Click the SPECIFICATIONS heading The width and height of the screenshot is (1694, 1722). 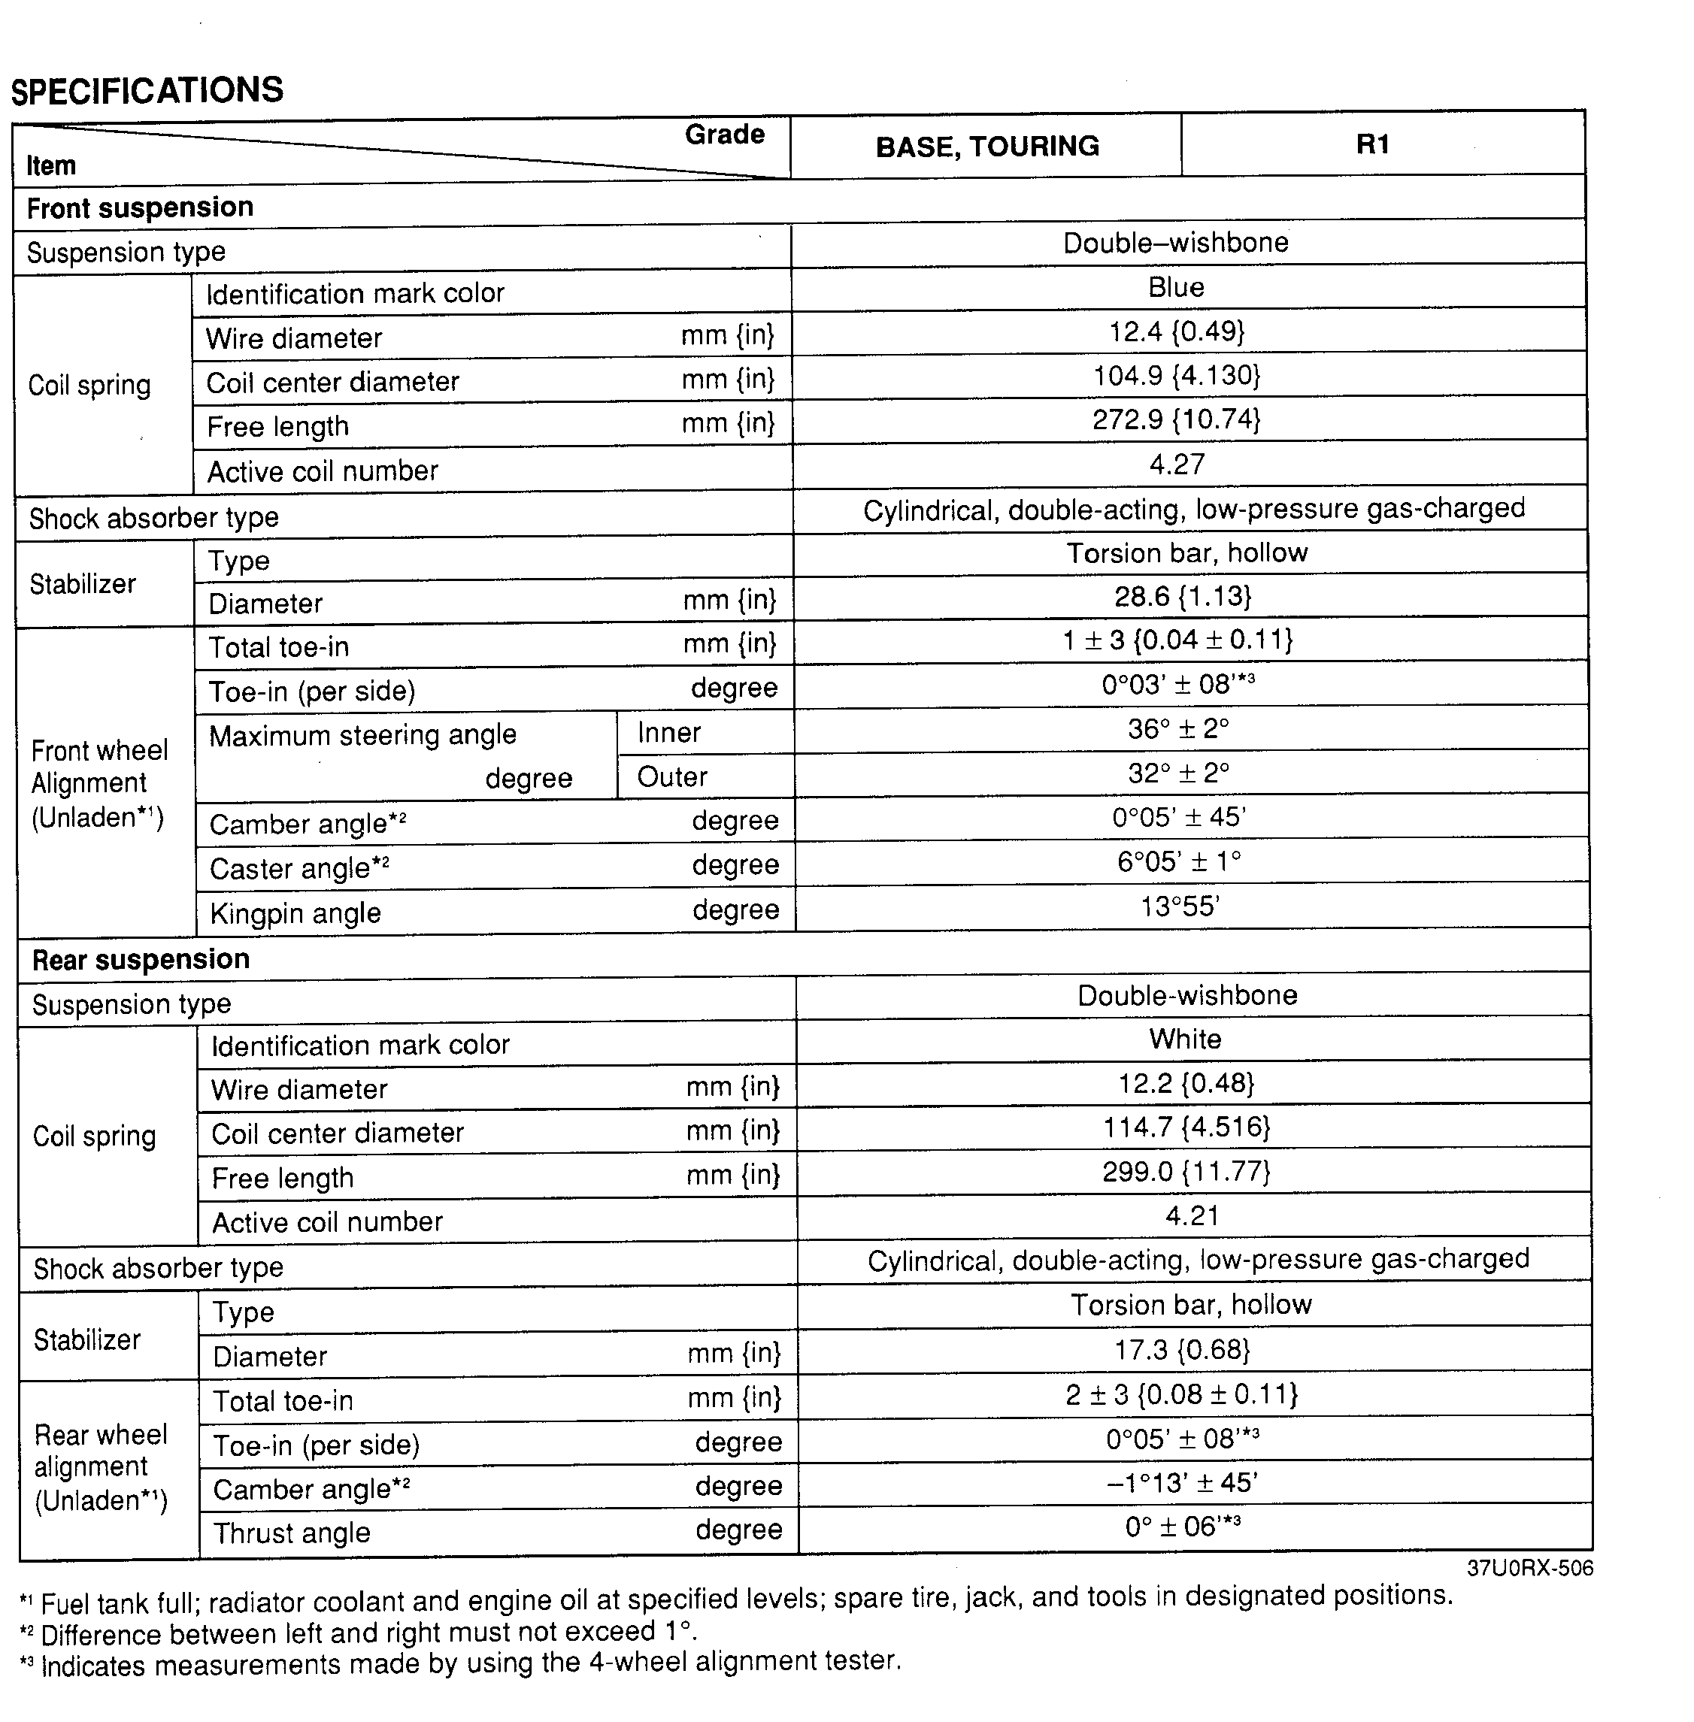[x=147, y=91]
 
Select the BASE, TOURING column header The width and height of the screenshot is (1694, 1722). [x=986, y=146]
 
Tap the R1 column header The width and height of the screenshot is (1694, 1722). [x=1372, y=144]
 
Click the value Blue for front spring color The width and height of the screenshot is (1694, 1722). [x=1175, y=287]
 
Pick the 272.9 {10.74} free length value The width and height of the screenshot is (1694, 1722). [x=1176, y=419]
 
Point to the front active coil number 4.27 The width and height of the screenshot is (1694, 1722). [x=1176, y=465]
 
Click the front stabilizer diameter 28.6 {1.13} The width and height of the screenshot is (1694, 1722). [x=1183, y=596]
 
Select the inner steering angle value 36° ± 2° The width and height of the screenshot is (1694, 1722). [x=1178, y=729]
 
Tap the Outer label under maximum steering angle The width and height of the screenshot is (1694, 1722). [x=671, y=776]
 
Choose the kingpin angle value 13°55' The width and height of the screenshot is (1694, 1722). [x=1180, y=906]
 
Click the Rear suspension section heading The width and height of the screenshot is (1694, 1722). [x=141, y=959]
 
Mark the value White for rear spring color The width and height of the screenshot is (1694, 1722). [x=1184, y=1039]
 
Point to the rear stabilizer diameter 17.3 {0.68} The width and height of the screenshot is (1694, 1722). [x=1183, y=1349]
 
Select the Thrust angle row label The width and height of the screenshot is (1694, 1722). [x=292, y=1533]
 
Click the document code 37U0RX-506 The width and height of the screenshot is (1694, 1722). [x=1529, y=1567]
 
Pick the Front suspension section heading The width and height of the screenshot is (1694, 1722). [x=140, y=207]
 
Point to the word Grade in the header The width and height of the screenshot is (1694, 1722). [x=724, y=135]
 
